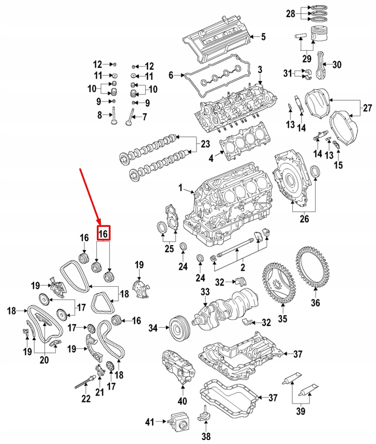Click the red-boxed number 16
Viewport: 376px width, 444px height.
(103, 234)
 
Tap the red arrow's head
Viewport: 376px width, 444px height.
(100, 223)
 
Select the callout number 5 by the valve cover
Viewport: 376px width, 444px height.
(263, 38)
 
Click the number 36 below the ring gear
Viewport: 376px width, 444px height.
(315, 303)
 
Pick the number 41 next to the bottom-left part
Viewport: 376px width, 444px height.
(149, 422)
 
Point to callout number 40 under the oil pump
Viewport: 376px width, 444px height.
(182, 400)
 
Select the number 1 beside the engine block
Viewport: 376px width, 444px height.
(181, 187)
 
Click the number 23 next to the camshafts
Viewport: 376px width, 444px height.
(205, 144)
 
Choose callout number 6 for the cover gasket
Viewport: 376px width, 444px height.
(170, 75)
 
